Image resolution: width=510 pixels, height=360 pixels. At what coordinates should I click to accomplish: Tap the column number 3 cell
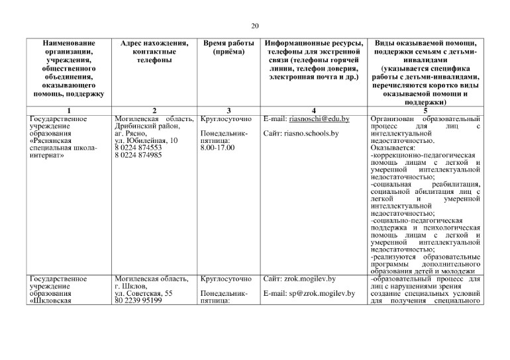tap(227, 110)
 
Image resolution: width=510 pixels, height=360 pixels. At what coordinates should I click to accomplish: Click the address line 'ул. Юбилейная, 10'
tap(146, 141)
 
